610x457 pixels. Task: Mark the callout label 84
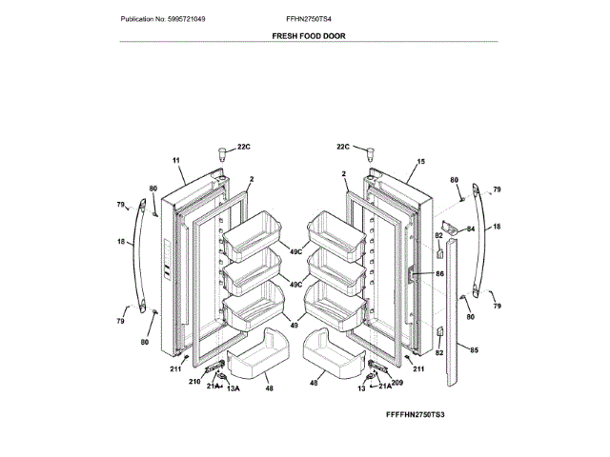469,228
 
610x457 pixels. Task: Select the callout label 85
474,350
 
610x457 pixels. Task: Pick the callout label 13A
232,389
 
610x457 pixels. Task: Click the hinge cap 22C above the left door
223,153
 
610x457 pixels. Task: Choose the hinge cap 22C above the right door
371,153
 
